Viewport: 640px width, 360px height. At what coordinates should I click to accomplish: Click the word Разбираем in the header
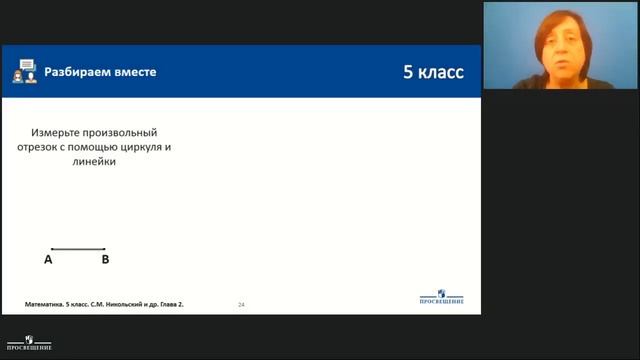coord(71,72)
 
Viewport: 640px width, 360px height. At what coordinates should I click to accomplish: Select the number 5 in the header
coord(408,72)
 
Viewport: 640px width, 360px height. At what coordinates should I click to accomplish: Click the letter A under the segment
coord(48,259)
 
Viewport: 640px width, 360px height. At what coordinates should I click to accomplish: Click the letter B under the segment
coord(105,259)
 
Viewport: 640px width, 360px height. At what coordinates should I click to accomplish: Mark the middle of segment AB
coord(78,248)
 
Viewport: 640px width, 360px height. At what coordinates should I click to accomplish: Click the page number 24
coord(241,303)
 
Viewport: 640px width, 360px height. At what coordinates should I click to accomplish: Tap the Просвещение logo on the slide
coord(442,299)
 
